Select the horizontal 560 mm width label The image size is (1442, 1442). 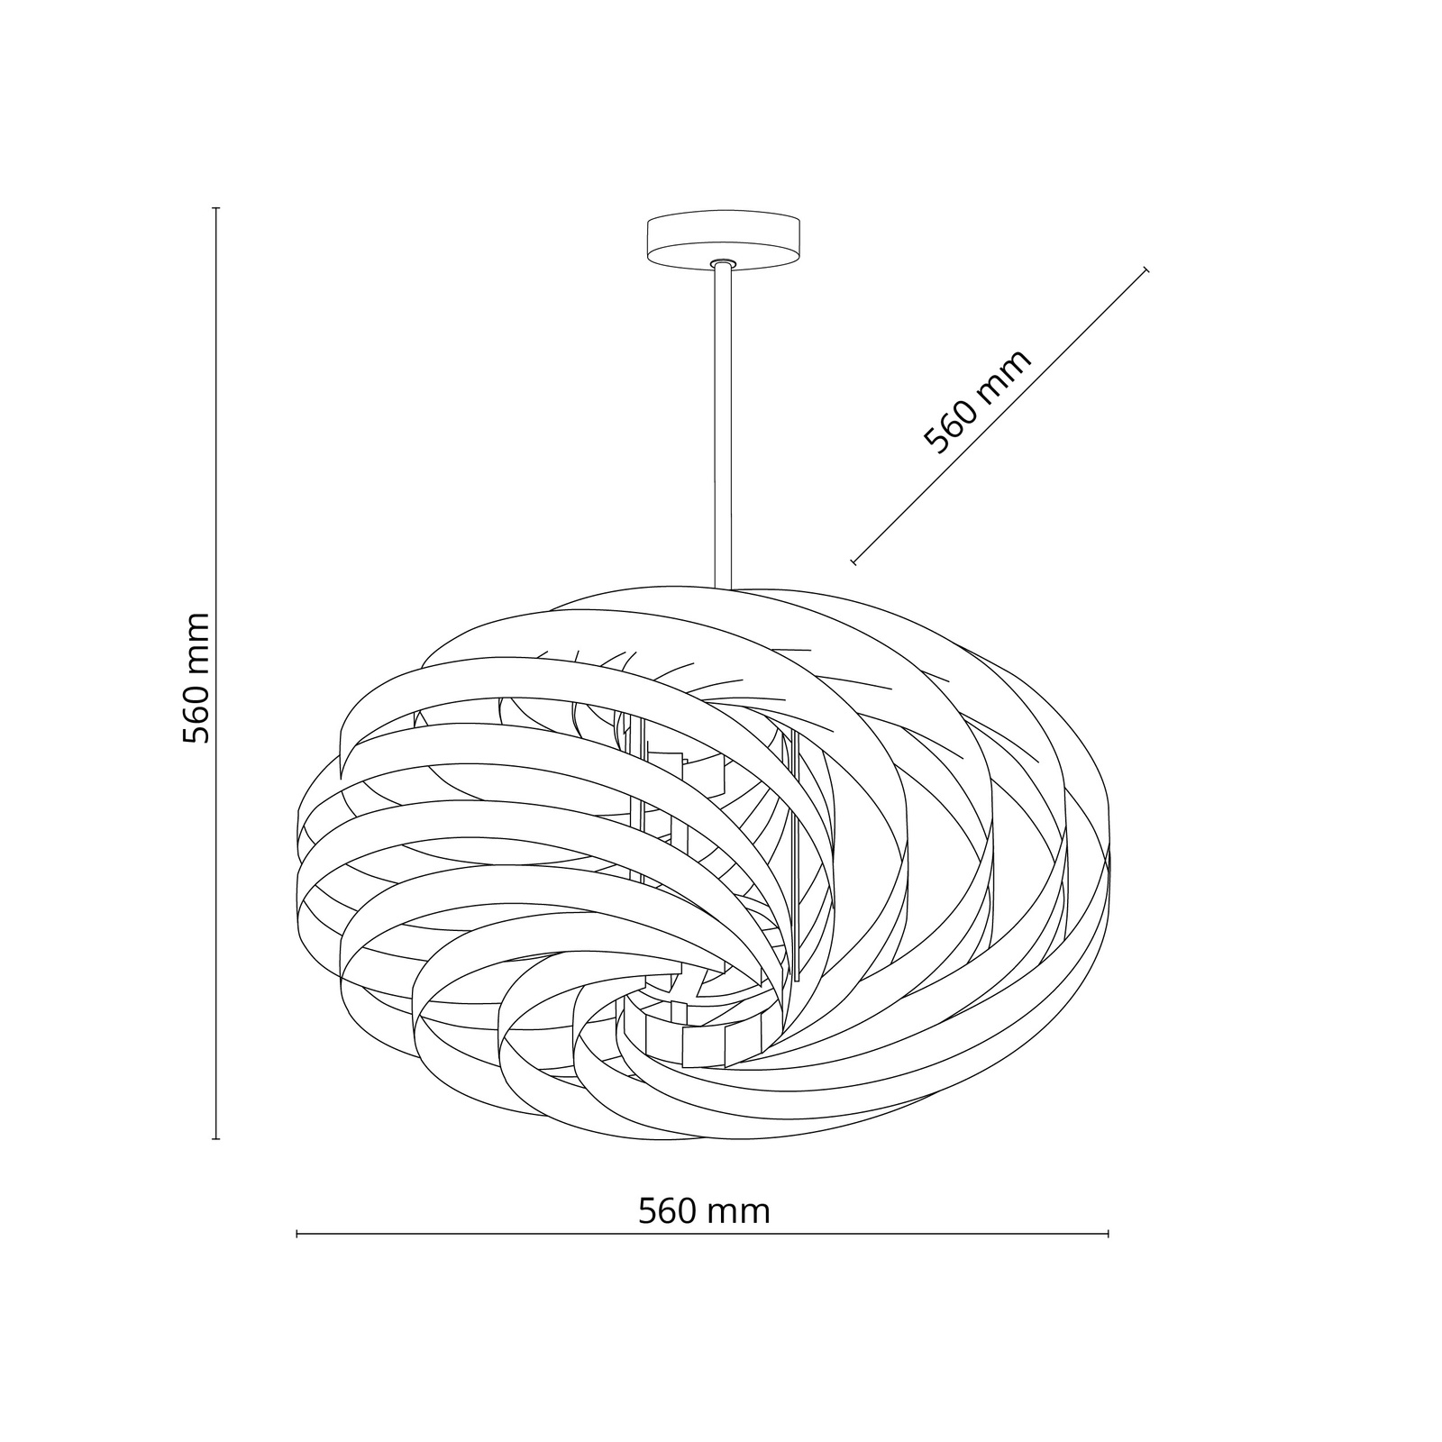(704, 1210)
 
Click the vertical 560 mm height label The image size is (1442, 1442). (196, 678)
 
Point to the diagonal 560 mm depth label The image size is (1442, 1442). (977, 402)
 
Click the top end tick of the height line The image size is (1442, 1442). (216, 208)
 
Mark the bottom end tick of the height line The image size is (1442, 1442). (216, 1139)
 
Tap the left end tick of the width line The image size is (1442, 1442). (297, 1234)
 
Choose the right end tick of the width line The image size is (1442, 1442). (1109, 1234)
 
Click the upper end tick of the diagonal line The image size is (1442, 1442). (1145, 269)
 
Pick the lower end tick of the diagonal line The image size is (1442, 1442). (853, 562)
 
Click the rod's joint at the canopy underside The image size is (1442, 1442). (723, 263)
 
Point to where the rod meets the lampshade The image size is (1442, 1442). (723, 589)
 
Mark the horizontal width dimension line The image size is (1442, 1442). (703, 1234)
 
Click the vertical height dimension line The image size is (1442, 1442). (216, 674)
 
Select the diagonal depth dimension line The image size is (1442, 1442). (999, 415)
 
